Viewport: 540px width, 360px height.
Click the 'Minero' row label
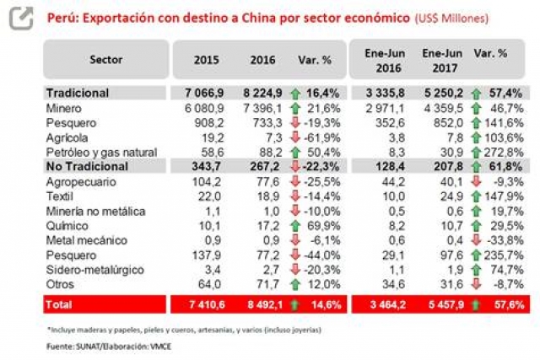click(x=63, y=109)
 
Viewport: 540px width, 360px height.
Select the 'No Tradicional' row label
click(x=84, y=166)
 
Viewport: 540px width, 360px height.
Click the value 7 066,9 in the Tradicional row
click(x=202, y=94)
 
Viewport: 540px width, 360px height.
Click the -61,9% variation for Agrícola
click(x=320, y=137)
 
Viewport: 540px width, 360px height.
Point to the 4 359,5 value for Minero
click(x=439, y=109)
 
